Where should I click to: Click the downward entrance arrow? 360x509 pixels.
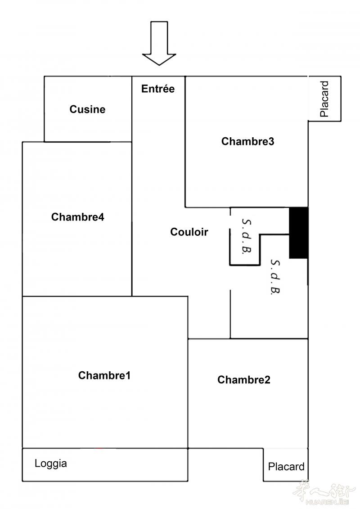point(159,43)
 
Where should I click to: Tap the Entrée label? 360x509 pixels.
point(158,89)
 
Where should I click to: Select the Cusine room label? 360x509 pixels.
point(87,109)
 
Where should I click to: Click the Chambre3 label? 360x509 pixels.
point(247,141)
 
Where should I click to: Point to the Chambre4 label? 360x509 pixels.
point(77,217)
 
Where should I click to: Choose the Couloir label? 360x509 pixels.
point(189,232)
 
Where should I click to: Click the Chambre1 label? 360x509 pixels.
point(104,375)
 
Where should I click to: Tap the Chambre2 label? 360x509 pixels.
point(244,379)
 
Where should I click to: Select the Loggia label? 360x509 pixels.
point(51,464)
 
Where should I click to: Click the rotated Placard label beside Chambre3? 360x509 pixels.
point(324,99)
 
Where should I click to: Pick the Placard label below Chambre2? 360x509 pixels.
point(286,467)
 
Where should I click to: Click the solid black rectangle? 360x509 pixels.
point(299,233)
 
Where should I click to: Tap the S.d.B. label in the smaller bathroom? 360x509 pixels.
point(247,236)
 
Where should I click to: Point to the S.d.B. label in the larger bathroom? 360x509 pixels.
point(275,277)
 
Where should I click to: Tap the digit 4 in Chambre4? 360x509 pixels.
point(101,217)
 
